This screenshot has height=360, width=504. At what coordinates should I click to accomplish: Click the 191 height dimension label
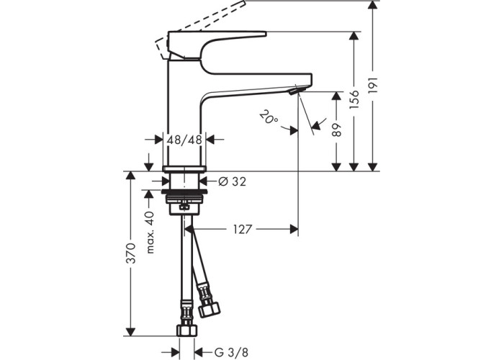(373, 85)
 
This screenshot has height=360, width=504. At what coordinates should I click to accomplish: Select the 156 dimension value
(354, 99)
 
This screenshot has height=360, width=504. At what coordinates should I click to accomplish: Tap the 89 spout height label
(336, 130)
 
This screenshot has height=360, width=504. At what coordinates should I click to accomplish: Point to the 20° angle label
(269, 117)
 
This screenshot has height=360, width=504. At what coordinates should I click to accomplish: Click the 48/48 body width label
(184, 140)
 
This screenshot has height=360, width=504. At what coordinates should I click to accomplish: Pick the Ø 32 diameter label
(232, 181)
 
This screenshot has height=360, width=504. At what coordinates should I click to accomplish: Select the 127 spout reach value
(243, 229)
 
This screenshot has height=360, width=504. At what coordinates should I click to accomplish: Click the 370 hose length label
(131, 253)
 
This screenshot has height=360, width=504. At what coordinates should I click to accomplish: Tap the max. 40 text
(150, 232)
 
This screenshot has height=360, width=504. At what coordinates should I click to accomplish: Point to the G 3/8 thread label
(231, 352)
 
